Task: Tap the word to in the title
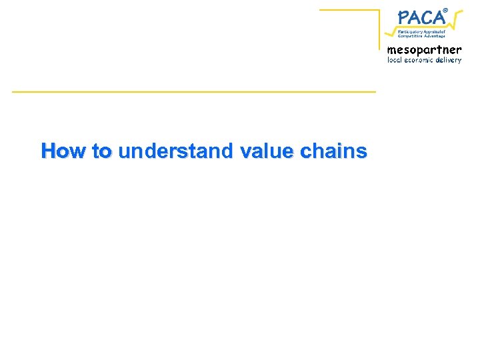[103, 151]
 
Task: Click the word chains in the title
[333, 151]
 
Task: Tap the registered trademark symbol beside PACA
[445, 9]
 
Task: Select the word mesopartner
[424, 50]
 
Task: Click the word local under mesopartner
[397, 60]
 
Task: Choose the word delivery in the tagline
[449, 60]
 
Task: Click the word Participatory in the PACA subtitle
[411, 31]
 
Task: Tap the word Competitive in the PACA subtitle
[411, 36]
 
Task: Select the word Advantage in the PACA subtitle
[434, 36]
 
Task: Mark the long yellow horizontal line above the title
[193, 91]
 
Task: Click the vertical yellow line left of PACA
[379, 27]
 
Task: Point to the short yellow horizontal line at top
[349, 10]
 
